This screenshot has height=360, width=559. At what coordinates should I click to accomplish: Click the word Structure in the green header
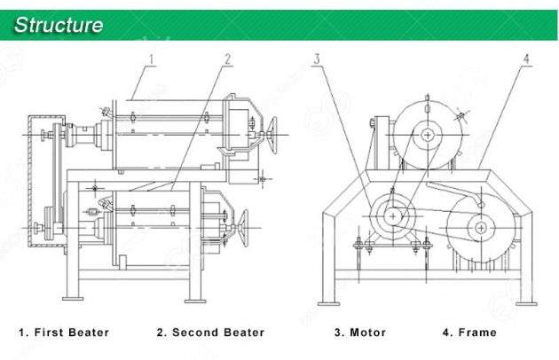point(59,24)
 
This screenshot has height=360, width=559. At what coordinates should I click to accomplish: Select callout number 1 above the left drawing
point(150,59)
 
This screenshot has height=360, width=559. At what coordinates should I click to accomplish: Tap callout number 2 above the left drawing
point(227,59)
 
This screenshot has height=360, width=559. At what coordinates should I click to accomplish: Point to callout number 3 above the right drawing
point(316,59)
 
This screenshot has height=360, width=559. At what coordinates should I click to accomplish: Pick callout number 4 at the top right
point(526,59)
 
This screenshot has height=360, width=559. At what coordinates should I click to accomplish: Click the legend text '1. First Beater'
point(65,333)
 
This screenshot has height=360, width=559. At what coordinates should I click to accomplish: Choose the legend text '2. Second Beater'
point(210,333)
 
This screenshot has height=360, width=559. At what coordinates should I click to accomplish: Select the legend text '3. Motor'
point(359,333)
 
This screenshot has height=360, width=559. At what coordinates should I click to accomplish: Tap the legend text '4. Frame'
point(469,333)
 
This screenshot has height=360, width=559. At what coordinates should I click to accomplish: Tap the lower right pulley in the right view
point(480,227)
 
